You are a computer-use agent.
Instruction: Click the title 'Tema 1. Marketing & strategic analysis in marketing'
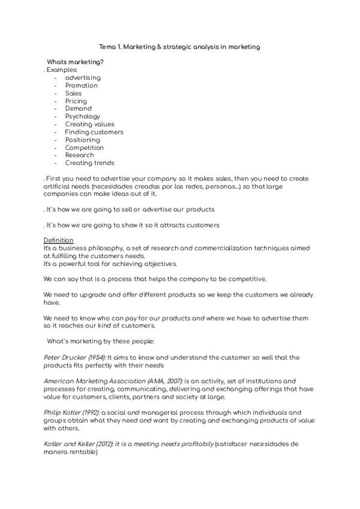click(x=179, y=47)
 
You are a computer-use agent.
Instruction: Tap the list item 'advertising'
click(x=83, y=77)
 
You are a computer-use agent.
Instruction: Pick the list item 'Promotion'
click(x=81, y=85)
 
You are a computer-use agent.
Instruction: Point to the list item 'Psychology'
click(x=82, y=116)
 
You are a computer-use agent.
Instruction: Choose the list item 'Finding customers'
click(x=94, y=132)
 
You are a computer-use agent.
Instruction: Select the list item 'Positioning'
click(x=82, y=140)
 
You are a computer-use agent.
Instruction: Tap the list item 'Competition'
click(x=84, y=148)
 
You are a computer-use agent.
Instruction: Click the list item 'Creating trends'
click(x=89, y=163)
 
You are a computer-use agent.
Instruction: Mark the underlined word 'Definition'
click(x=58, y=240)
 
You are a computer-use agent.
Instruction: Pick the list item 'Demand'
click(x=78, y=109)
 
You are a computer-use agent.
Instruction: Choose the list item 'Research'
click(x=79, y=155)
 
